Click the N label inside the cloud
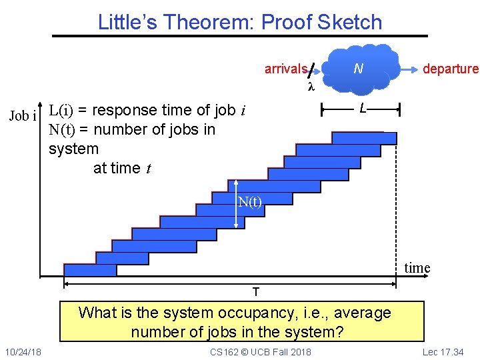(x=358, y=69)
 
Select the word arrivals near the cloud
(x=285, y=69)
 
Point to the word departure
(x=451, y=69)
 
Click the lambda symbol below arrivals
(x=310, y=87)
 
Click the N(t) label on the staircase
(x=251, y=202)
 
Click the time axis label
(x=417, y=268)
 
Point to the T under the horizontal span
(x=255, y=292)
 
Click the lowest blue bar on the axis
(x=90, y=270)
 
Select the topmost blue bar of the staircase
(x=364, y=138)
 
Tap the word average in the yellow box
(x=362, y=313)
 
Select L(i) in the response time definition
(x=61, y=110)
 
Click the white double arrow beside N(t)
(x=237, y=204)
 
